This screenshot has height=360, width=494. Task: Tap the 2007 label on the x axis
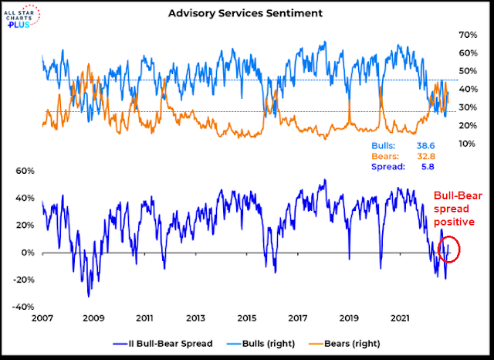(x=42, y=318)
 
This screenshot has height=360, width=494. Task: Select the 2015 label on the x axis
(x=247, y=318)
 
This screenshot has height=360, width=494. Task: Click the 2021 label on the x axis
(x=401, y=318)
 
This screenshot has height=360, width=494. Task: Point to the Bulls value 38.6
(x=438, y=145)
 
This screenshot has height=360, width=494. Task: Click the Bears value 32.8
(x=438, y=155)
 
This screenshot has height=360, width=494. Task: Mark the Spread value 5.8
(x=441, y=166)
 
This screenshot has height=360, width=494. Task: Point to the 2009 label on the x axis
(x=93, y=318)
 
